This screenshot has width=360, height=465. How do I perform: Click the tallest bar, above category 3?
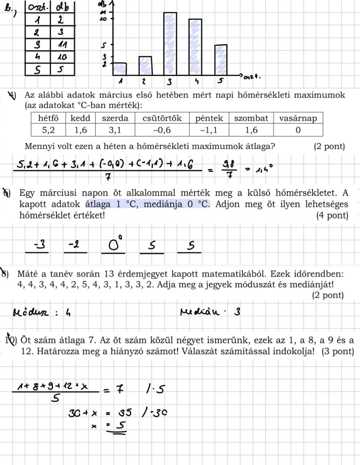click(x=170, y=43)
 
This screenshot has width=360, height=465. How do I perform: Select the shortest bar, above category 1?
click(x=119, y=68)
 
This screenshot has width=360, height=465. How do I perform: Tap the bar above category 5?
click(x=221, y=60)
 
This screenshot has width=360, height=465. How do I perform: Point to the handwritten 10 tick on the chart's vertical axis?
click(x=103, y=19)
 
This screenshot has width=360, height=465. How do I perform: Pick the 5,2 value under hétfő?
click(x=48, y=130)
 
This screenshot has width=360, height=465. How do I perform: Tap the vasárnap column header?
click(x=298, y=118)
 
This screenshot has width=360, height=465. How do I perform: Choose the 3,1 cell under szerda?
click(x=116, y=130)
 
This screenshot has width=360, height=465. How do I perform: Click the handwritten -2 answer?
click(x=74, y=246)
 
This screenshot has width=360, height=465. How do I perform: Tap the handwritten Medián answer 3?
click(x=237, y=312)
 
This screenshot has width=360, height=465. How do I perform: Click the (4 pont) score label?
click(x=332, y=216)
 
